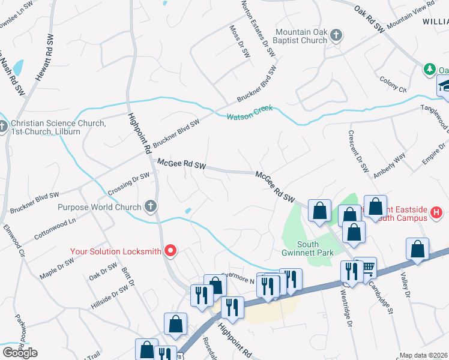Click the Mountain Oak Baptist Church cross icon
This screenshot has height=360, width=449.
[336, 35]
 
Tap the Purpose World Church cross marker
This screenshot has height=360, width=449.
[151, 207]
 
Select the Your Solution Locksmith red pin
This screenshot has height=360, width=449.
[170, 251]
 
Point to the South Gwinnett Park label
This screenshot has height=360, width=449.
[316, 248]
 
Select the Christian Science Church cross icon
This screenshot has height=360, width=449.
[4, 128]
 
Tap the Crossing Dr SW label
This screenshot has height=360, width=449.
[128, 184]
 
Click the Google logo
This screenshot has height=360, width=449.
[20, 353]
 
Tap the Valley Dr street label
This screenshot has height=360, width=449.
[405, 284]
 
